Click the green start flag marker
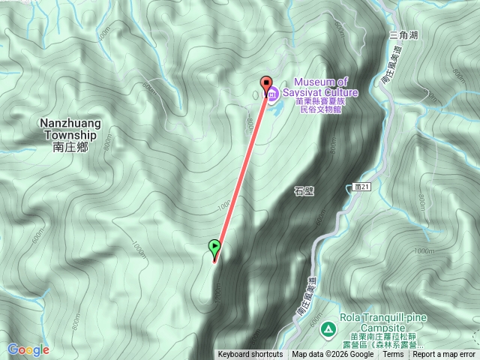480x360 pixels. [215, 246]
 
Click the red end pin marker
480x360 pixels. [265, 84]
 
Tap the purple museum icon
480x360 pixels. [272, 94]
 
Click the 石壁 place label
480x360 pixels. [304, 191]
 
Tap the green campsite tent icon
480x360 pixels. [328, 328]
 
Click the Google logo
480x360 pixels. [28, 349]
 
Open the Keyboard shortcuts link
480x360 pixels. [250, 355]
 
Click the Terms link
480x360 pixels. [393, 355]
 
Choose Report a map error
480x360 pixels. [444, 355]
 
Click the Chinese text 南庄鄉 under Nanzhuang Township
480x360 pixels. [71, 148]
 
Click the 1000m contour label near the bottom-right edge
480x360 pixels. [424, 250]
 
